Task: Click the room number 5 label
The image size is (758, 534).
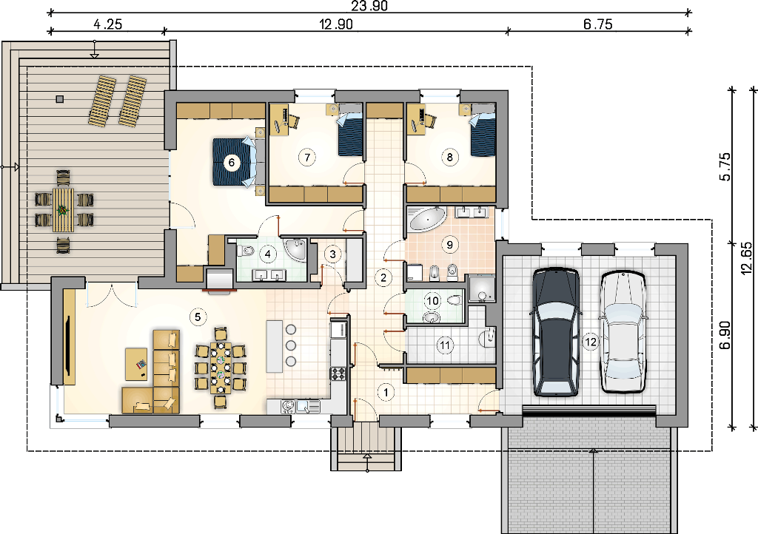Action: [x=198, y=317]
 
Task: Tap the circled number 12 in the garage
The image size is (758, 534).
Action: [x=590, y=342]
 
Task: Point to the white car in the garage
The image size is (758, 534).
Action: [x=623, y=331]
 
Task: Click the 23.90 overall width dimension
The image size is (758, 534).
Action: [x=369, y=5]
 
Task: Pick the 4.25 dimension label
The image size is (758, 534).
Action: [x=107, y=24]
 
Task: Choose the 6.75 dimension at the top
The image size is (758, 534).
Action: [x=598, y=24]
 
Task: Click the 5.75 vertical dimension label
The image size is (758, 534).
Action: [x=725, y=166]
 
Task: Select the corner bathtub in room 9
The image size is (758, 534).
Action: [x=427, y=219]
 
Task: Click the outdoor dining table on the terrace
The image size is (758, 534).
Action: [x=64, y=211]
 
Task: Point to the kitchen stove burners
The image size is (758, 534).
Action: [x=338, y=374]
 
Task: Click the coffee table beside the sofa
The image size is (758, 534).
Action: [x=136, y=364]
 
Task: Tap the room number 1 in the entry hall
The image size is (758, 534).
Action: [x=385, y=392]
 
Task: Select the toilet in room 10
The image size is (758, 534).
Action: [x=454, y=300]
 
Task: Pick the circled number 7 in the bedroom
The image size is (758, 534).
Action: [x=306, y=157]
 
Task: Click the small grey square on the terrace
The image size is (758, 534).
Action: [x=59, y=99]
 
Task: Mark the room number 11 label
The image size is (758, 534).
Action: [x=445, y=345]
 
